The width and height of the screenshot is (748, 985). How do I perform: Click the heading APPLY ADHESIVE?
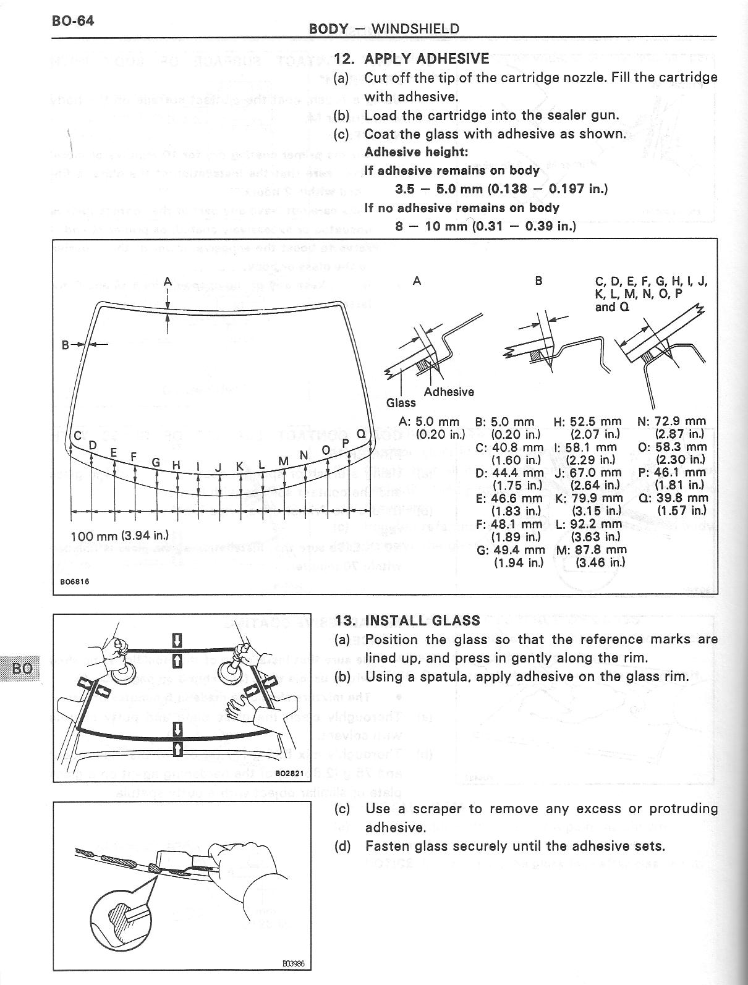click(x=427, y=59)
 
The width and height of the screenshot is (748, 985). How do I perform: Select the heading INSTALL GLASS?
click(x=422, y=620)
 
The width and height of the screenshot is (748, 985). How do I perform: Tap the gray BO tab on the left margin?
click(x=21, y=668)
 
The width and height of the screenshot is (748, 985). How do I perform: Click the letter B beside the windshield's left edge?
click(x=65, y=345)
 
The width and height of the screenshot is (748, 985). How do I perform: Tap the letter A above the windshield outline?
click(x=168, y=281)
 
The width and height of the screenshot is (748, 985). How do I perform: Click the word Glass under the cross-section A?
click(x=401, y=403)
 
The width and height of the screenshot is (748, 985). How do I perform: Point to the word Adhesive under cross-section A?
click(x=449, y=392)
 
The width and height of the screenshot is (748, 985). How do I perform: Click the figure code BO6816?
click(x=72, y=581)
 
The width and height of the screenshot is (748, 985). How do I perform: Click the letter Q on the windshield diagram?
click(x=360, y=434)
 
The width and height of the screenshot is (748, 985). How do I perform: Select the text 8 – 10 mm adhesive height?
click(x=485, y=226)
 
